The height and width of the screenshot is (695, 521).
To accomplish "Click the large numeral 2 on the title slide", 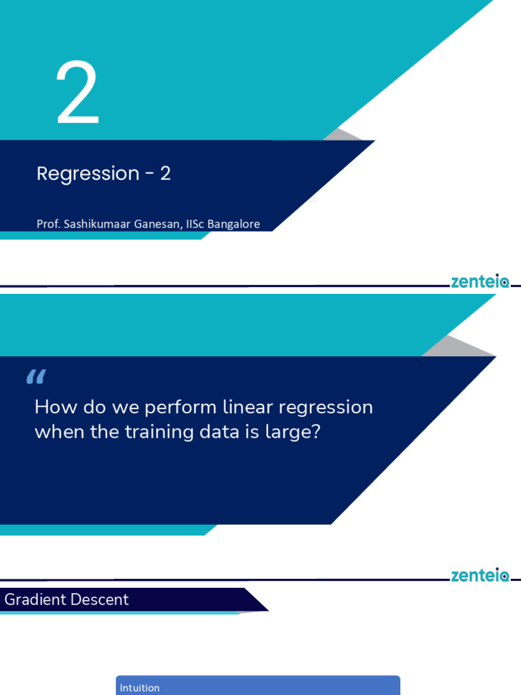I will pyautogui.click(x=78, y=94).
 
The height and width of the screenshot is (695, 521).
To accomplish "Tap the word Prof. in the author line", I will pyautogui.click(x=48, y=224).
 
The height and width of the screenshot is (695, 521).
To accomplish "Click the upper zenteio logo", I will pyautogui.click(x=480, y=282).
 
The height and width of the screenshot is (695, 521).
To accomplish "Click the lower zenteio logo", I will pyautogui.click(x=480, y=576).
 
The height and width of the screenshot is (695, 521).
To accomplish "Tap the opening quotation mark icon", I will pyautogui.click(x=35, y=377).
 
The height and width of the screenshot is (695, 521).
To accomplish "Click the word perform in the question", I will pyautogui.click(x=180, y=408).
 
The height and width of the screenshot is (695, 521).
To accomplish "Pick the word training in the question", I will pyautogui.click(x=156, y=432).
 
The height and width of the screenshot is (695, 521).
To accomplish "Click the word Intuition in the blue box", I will pyautogui.click(x=140, y=688).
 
